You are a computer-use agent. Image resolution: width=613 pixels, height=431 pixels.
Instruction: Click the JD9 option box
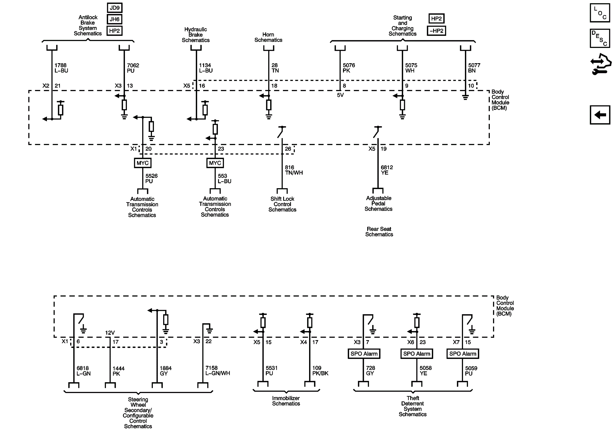coord(115,8)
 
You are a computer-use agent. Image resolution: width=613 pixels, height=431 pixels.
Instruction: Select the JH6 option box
coord(115,19)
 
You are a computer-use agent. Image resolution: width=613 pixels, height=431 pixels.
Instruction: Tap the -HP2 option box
coord(436,31)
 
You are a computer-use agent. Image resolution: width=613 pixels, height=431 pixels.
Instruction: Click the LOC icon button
coord(600,13)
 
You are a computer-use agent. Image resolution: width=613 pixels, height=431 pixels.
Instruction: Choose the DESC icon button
coord(600,38)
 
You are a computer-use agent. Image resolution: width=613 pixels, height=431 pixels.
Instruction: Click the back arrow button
coord(600,115)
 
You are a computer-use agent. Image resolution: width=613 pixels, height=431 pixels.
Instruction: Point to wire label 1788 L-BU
coord(61,68)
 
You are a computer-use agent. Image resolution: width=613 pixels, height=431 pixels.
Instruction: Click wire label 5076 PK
coord(349,68)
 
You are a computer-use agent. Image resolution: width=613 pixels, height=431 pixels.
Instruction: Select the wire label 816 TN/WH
coord(294,170)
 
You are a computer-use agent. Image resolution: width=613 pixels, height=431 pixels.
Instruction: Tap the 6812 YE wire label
coord(387,170)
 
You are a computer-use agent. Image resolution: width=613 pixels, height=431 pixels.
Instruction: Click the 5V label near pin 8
coord(340,95)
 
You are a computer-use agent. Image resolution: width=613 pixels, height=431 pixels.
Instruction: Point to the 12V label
coord(110,333)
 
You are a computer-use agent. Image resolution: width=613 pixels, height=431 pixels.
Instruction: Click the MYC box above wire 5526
coord(143,163)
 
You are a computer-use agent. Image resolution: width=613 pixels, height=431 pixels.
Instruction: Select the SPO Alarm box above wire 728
coord(364,354)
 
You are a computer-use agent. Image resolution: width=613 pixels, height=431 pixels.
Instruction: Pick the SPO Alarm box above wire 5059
coord(463,354)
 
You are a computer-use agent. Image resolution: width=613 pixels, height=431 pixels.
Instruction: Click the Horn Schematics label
coord(268,37)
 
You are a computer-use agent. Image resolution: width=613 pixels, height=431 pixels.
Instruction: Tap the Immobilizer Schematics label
coord(286,401)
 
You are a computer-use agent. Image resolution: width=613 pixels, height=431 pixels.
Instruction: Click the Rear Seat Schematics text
coord(379,232)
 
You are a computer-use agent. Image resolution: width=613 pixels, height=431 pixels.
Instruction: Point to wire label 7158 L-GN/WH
coord(218,371)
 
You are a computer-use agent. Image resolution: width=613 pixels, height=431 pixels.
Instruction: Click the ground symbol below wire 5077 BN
coord(465,97)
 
